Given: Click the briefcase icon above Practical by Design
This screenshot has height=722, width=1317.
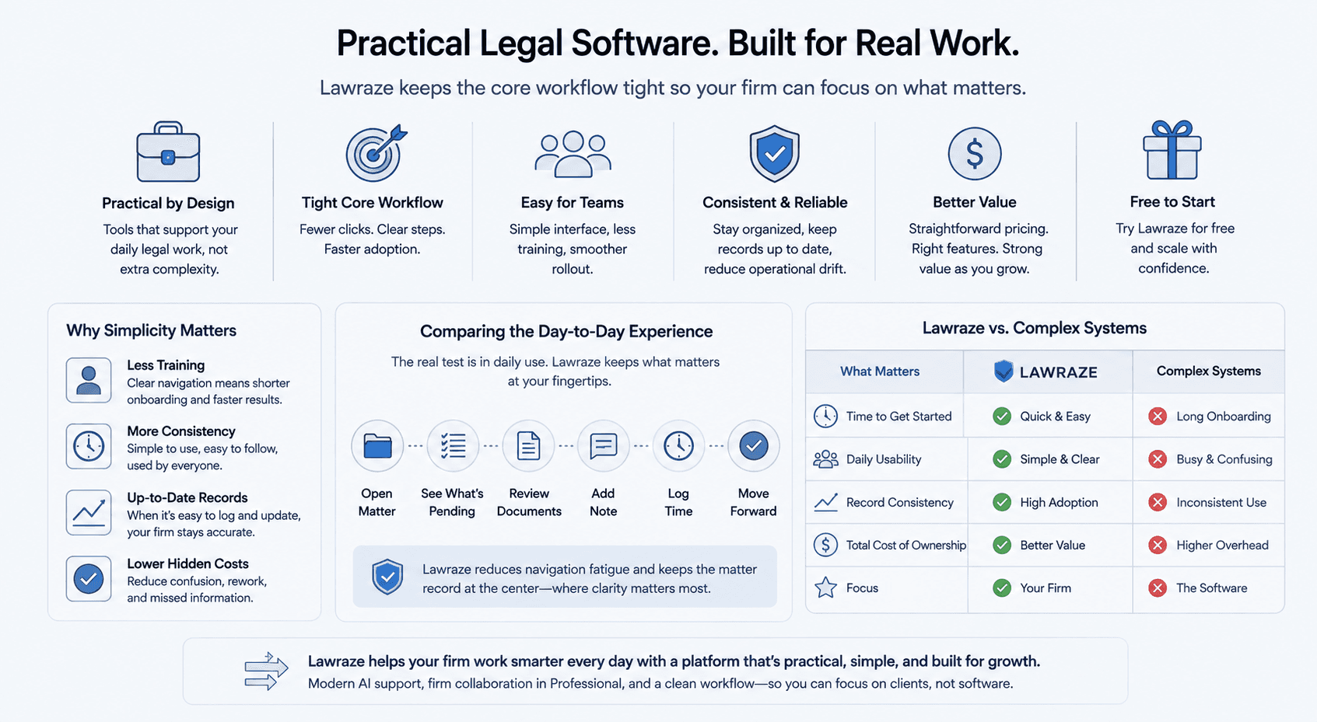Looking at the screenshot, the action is (168, 152).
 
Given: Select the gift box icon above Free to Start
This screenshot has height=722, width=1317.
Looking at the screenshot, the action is (1172, 150).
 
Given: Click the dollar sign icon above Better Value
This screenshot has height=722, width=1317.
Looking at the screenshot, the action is (974, 153).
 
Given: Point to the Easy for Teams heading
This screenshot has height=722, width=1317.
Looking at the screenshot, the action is (572, 203).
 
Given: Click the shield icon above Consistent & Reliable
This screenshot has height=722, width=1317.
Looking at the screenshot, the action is (774, 153).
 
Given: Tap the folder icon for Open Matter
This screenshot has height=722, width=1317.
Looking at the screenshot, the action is (377, 446).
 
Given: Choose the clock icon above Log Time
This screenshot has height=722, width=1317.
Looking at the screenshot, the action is (678, 446).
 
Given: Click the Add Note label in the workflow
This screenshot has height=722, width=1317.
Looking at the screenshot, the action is (603, 502).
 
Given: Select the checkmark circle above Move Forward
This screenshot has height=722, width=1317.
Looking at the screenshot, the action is (753, 446).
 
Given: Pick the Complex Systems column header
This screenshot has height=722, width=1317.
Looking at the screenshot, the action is (1209, 371).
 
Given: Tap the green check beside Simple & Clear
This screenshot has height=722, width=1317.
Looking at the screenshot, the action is (1002, 459).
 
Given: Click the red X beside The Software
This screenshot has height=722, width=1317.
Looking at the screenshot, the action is (1158, 588).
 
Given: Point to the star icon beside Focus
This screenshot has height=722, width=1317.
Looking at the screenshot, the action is (825, 588).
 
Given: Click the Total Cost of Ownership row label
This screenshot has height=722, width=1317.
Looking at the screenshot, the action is (906, 545).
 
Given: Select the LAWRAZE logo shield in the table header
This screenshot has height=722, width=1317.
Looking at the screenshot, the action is (1004, 371).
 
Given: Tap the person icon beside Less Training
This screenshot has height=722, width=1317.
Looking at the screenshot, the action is (89, 380).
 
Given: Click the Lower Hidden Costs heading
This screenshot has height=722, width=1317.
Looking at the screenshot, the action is (187, 564).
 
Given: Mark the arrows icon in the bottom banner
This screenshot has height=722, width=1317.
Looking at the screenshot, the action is (266, 671).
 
